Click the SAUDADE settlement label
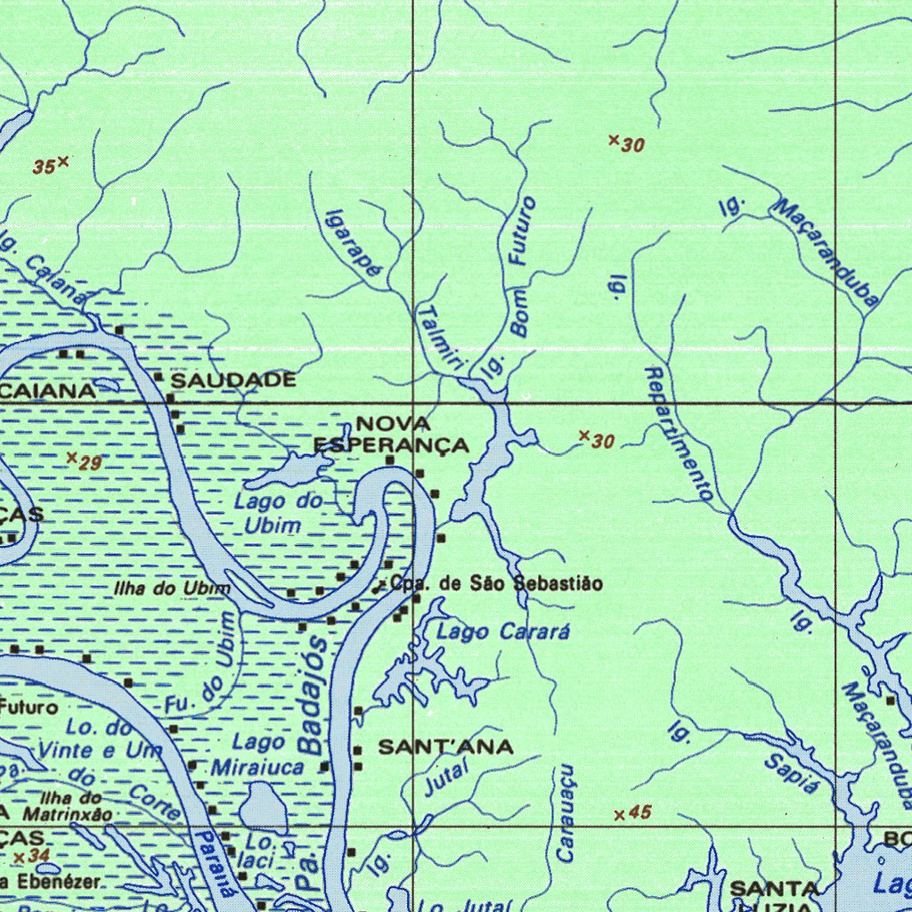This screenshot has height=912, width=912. pos(233,380)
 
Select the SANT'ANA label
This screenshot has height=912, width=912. pos(445,747)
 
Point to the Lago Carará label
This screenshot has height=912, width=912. pos(503,632)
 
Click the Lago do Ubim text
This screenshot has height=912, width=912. pos(277,513)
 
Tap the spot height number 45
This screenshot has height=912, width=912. pos(639,812)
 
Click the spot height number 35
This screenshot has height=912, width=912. pos(44,167)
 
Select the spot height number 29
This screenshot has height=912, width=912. pos(90,462)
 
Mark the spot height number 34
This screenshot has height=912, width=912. pos(38,856)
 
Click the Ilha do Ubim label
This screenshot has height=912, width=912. pos(172,589)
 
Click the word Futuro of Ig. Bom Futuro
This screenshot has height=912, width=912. pos(522,231)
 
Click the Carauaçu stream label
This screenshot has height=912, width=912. pos(565,812)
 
